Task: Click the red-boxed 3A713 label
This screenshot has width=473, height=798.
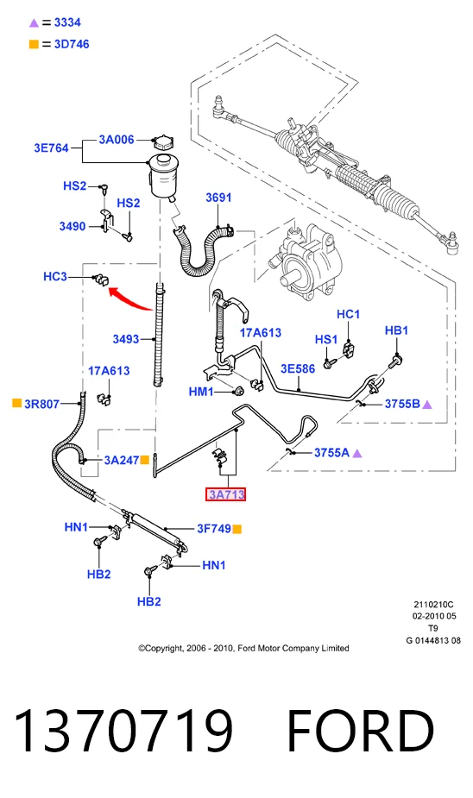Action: [225, 494]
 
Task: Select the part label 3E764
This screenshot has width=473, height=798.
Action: [51, 148]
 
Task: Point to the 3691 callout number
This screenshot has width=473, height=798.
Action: [218, 198]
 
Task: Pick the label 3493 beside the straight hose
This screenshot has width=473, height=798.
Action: [126, 339]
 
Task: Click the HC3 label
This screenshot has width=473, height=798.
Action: [55, 276]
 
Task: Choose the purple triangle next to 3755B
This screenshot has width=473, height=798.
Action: [427, 405]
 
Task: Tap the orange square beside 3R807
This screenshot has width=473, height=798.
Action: [16, 403]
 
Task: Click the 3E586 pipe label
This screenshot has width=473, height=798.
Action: [298, 368]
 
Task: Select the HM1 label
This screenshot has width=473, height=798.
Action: [200, 392]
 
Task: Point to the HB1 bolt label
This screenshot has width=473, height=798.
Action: [396, 330]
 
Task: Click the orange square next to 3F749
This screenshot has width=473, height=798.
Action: [236, 530]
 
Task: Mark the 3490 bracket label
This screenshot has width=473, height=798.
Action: [73, 227]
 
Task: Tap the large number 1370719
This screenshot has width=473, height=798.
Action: [123, 731]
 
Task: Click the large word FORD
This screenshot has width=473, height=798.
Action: [361, 731]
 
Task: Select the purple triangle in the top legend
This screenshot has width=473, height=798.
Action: [35, 23]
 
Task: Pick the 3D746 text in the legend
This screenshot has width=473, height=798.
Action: [72, 44]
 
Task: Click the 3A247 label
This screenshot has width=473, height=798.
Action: [121, 460]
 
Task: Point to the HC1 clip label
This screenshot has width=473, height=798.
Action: [348, 314]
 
